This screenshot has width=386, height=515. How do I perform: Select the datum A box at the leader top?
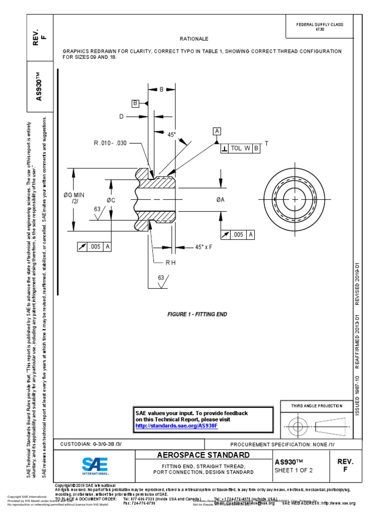tap(218, 131)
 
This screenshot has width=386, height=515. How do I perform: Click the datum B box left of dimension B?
tap(135, 103)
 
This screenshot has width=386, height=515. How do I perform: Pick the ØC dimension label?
tap(111, 200)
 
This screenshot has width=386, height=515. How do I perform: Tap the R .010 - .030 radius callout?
tap(110, 143)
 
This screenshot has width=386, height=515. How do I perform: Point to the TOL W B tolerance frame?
tap(240, 148)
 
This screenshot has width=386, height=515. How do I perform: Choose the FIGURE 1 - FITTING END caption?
tap(197, 314)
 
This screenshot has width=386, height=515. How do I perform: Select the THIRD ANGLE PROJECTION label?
tap(317, 406)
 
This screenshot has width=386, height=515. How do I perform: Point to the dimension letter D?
tap(121, 117)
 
